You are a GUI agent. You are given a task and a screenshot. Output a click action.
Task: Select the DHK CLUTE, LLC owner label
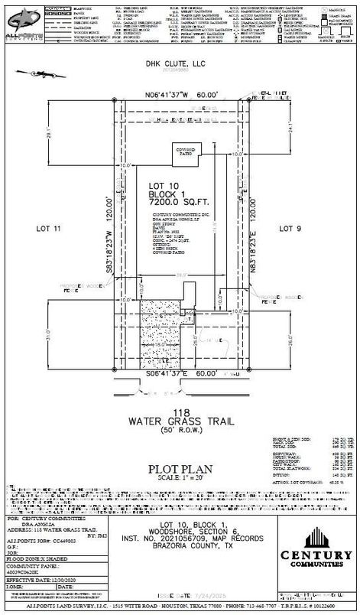point(180,86)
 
